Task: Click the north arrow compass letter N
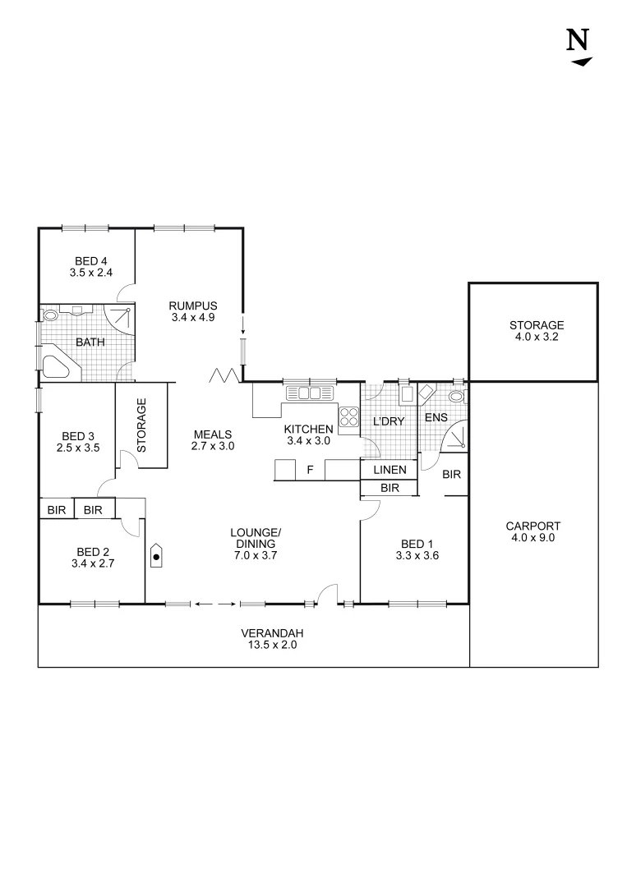pyautogui.click(x=579, y=39)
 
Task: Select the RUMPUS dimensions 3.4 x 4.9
pyautogui.click(x=193, y=317)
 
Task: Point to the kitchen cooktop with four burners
pyautogui.click(x=348, y=416)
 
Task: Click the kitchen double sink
pyautogui.click(x=310, y=393)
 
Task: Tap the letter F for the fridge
pyautogui.click(x=309, y=470)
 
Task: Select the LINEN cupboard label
pyautogui.click(x=390, y=470)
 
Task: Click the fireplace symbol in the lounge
pyautogui.click(x=156, y=556)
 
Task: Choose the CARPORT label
pyautogui.click(x=532, y=526)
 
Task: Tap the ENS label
pyautogui.click(x=436, y=417)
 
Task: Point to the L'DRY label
pyautogui.click(x=389, y=422)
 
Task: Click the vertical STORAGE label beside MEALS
pyautogui.click(x=141, y=425)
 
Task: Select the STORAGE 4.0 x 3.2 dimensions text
pyautogui.click(x=536, y=337)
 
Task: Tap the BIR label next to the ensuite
pyautogui.click(x=451, y=474)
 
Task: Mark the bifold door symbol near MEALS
pyautogui.click(x=224, y=375)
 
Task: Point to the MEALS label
pyautogui.click(x=214, y=434)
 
